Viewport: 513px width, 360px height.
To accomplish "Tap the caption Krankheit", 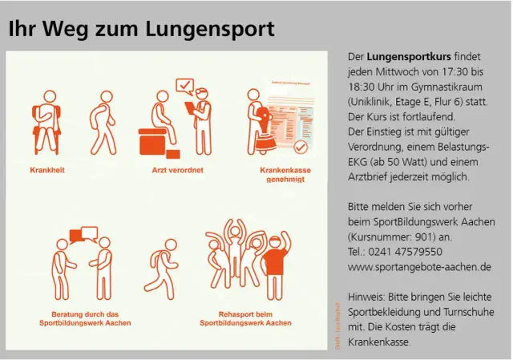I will tap(47, 170).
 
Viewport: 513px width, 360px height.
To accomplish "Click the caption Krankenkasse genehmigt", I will tap(285, 175).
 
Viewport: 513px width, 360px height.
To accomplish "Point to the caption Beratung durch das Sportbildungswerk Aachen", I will tap(85, 318).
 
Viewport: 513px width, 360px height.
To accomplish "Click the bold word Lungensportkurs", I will tap(409, 58).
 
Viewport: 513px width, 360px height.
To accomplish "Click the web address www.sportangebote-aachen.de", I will tap(419, 266).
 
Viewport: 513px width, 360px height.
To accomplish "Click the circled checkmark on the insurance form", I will tap(301, 148).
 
